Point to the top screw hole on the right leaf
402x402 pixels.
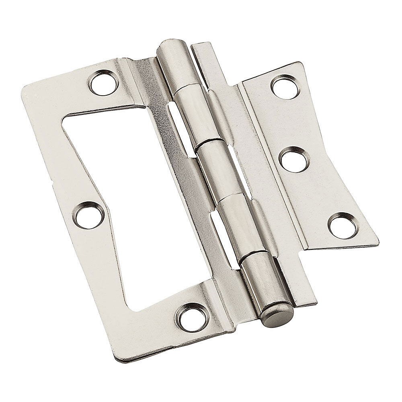285,87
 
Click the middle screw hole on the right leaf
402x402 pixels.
294,160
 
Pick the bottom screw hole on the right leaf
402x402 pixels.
343,226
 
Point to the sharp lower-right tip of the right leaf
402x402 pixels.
377,243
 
